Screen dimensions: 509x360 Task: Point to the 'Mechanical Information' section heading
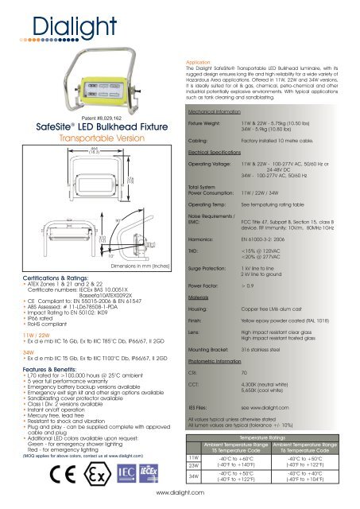click(216, 114)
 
